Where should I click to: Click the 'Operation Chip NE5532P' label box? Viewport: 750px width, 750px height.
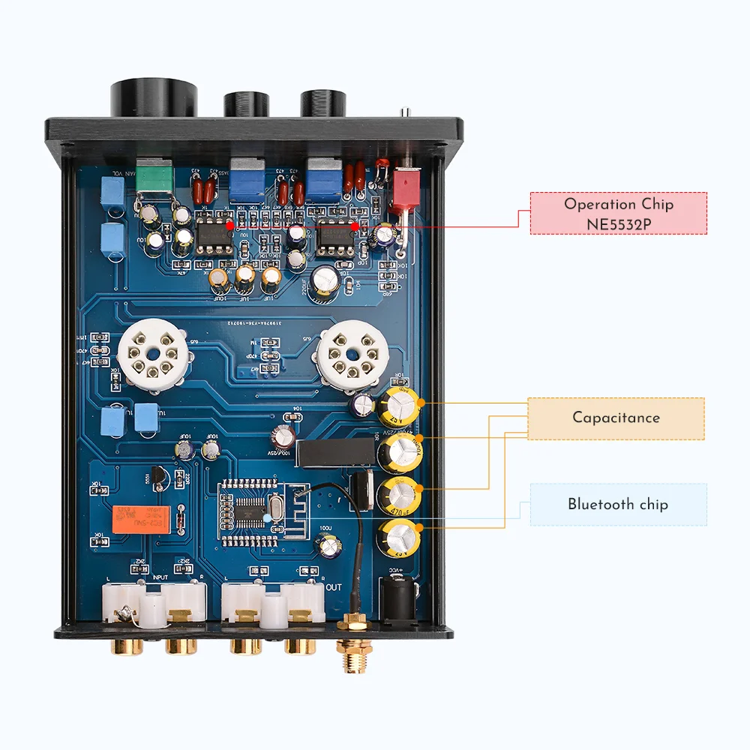[618, 213]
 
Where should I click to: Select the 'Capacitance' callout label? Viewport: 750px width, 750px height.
[616, 418]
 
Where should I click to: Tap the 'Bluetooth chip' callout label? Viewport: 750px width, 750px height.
[617, 504]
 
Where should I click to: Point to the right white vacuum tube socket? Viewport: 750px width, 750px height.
[351, 352]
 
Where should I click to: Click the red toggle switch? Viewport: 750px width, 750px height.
[404, 189]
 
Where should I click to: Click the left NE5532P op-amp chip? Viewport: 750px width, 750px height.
[213, 232]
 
